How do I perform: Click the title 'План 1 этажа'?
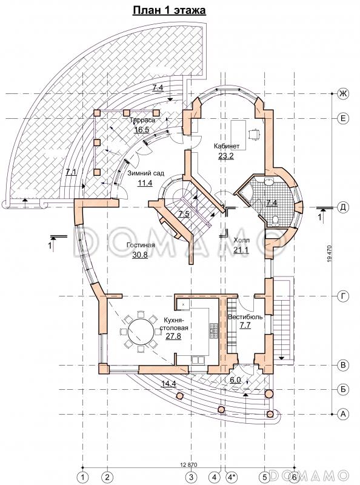169,10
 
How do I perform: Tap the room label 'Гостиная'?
141,246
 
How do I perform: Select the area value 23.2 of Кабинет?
226,156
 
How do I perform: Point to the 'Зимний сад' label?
147,173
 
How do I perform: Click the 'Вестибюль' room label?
245,316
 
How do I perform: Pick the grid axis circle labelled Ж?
342,93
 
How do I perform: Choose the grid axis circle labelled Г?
342,296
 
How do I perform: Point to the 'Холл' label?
242,240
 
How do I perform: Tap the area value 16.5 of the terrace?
141,129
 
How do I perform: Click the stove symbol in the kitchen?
213,331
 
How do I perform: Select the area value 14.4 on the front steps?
168,384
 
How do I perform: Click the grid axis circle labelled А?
342,414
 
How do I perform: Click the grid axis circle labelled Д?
342,207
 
